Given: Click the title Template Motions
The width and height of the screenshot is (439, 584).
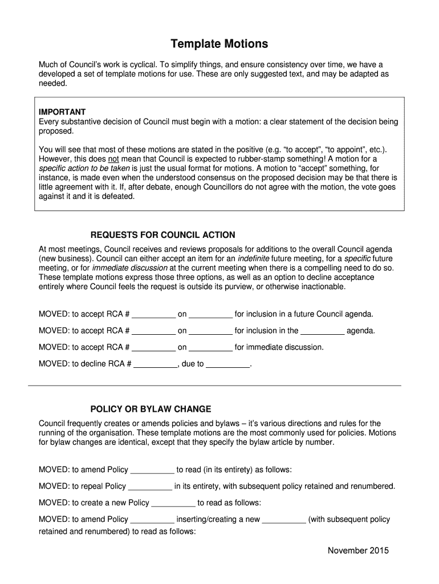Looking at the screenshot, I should [219, 44].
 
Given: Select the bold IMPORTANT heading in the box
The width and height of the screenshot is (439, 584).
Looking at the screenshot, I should [62, 112].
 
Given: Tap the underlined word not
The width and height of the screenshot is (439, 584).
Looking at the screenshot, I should [113, 159].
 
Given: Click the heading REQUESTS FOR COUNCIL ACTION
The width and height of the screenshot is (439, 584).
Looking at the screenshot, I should [162, 235].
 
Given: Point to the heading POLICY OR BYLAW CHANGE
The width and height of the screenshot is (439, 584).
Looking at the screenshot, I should [151, 409].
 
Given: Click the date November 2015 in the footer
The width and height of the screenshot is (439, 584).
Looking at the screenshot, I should [357, 550].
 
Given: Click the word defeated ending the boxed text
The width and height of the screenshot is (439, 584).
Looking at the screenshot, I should [117, 196].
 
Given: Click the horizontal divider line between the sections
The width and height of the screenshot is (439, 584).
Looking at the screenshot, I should [214, 386].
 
